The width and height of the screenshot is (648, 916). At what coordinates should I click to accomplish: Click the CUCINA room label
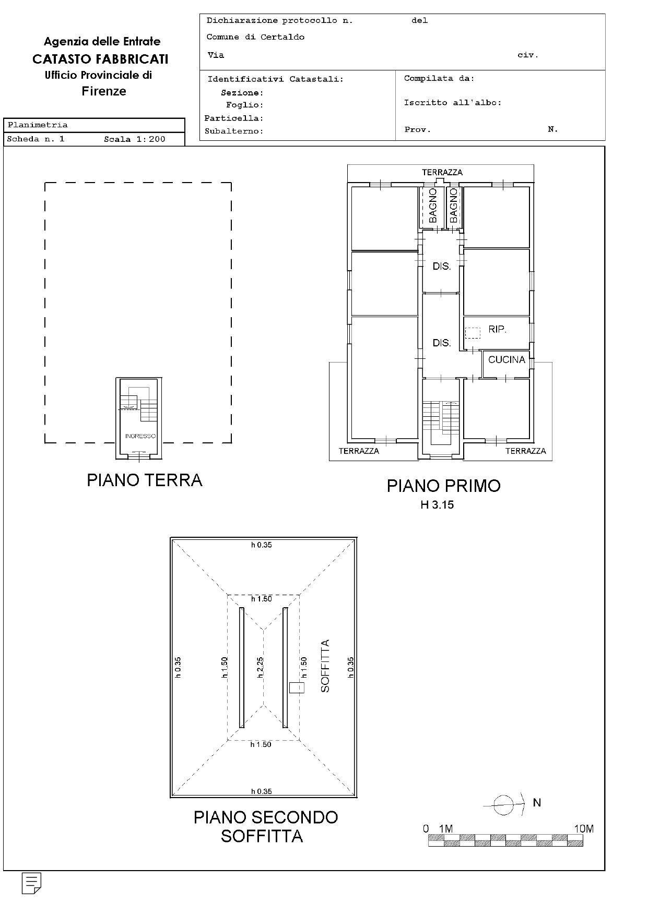click(x=506, y=359)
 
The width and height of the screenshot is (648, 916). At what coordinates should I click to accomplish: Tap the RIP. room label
click(x=497, y=330)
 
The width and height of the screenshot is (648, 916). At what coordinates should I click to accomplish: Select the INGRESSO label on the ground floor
click(x=140, y=436)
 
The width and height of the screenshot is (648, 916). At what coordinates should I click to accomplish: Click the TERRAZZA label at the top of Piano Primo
click(x=442, y=172)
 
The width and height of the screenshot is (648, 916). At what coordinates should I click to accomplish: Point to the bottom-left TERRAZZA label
click(x=359, y=451)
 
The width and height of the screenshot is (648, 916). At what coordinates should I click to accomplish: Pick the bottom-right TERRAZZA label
click(x=525, y=451)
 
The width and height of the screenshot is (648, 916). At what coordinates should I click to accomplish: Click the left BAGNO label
click(x=432, y=206)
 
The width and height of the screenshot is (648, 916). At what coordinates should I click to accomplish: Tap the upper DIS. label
click(x=441, y=266)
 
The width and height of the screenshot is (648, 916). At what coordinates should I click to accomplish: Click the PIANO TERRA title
click(x=144, y=480)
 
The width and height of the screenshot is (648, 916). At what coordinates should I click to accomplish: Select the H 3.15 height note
click(x=437, y=505)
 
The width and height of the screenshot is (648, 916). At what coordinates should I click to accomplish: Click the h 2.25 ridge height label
click(x=261, y=668)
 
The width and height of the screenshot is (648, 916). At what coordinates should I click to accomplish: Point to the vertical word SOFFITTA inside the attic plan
click(x=325, y=666)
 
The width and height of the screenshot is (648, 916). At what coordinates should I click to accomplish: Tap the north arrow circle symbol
click(x=503, y=805)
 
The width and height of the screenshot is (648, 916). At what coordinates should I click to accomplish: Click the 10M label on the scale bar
click(x=583, y=829)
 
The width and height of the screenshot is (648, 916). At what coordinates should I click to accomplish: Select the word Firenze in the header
click(x=104, y=91)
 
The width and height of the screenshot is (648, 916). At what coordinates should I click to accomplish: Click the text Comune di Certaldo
click(x=255, y=37)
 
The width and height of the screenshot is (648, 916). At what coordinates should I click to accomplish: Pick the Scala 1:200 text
click(x=134, y=139)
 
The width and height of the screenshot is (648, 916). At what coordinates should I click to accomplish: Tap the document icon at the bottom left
click(x=31, y=883)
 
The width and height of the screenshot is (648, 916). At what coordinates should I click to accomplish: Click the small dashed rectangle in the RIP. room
click(x=473, y=333)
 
